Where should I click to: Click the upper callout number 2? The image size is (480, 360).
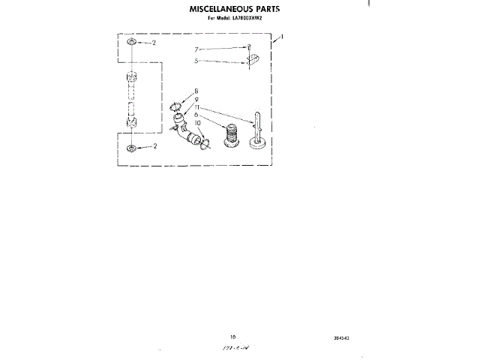[154, 43]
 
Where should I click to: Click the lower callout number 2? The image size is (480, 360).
[154, 146]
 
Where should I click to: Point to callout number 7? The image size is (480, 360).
[196, 49]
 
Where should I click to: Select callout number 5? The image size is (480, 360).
[196, 61]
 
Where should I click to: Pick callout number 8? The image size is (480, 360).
[196, 91]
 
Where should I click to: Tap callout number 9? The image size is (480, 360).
[196, 99]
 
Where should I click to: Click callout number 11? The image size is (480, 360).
[197, 107]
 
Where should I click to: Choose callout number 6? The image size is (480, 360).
[196, 115]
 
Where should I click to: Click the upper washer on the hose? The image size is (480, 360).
[133, 43]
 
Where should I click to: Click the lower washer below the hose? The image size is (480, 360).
[133, 147]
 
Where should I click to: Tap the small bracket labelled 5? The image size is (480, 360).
[253, 59]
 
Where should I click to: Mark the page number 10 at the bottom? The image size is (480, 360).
[233, 338]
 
